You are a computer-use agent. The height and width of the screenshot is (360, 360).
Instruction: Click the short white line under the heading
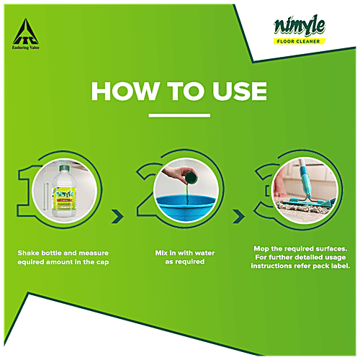pos(179,114)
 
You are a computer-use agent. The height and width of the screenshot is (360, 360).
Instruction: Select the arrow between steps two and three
pos(237,215)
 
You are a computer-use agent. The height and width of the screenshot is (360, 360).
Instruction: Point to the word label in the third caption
pos(338,266)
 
